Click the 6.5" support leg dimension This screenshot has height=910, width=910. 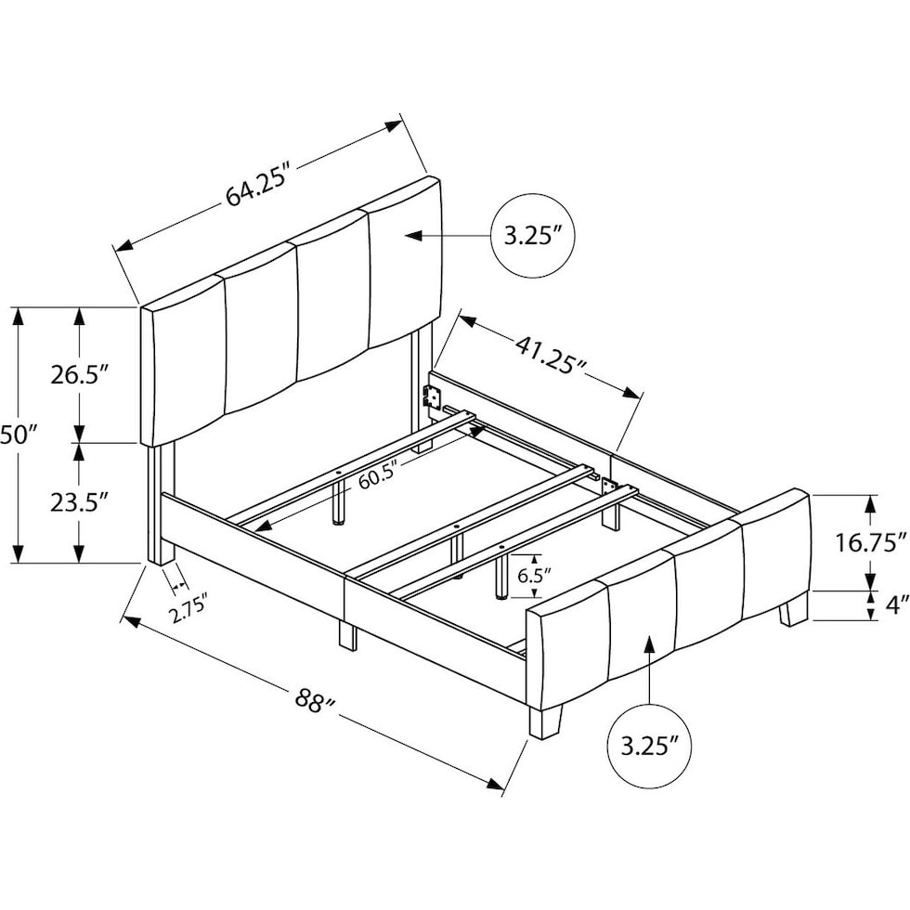pos(529,576)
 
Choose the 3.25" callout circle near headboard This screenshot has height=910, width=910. pos(533,236)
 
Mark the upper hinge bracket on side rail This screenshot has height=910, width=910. pos(431,396)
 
